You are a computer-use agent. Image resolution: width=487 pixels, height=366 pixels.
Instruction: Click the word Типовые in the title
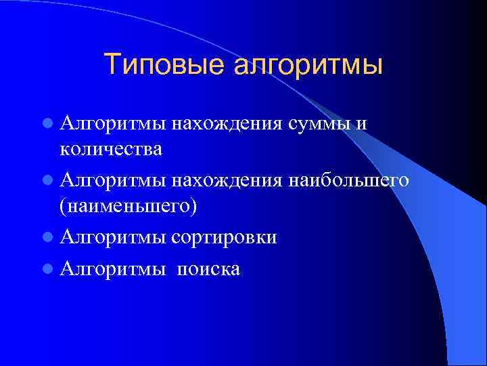click(166, 66)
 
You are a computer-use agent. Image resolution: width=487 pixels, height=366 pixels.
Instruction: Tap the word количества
click(111, 149)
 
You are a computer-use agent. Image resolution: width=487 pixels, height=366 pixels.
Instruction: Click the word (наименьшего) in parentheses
click(129, 205)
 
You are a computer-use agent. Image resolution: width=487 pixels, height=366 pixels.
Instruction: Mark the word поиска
click(208, 269)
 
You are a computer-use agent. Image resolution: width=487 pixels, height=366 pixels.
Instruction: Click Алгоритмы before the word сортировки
click(112, 238)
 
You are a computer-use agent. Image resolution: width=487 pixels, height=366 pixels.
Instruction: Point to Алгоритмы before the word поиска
click(112, 269)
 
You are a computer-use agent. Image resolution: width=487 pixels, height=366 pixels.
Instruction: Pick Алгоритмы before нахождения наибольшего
click(112, 181)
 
